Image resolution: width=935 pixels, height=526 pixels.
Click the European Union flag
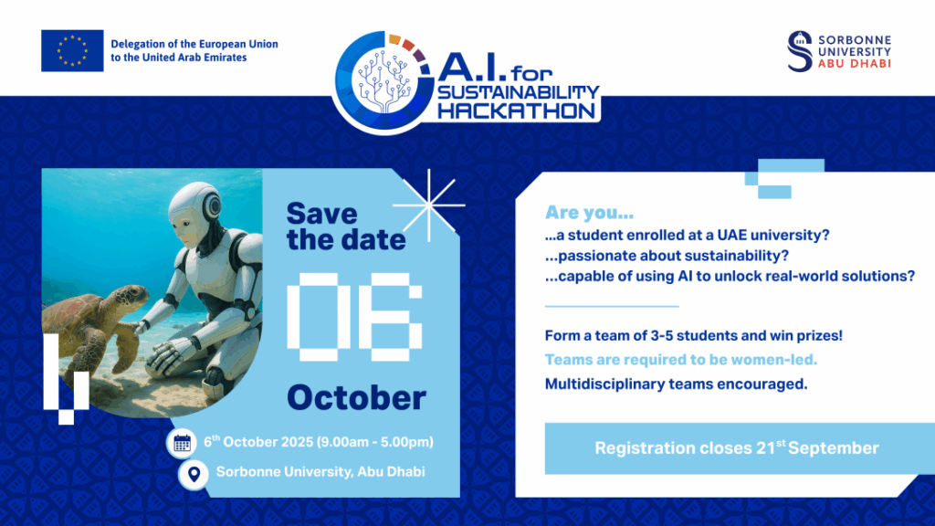[72, 51]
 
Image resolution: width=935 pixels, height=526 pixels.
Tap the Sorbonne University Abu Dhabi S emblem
[800, 51]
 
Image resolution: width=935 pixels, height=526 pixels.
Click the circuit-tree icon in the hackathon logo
[384, 80]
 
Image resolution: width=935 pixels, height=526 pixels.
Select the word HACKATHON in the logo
[517, 110]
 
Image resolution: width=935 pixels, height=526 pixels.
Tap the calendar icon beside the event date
[182, 443]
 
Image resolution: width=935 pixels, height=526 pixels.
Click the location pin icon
[194, 475]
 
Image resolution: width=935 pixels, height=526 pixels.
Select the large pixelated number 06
[355, 317]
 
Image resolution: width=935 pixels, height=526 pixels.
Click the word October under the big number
[357, 398]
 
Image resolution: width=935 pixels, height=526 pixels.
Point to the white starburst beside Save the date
[429, 205]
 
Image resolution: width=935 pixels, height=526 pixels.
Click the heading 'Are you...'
[589, 212]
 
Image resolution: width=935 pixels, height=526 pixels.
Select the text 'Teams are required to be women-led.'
[681, 360]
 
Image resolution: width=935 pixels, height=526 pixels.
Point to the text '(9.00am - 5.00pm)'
[375, 442]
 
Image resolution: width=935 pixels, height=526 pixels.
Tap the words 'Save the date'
[346, 226]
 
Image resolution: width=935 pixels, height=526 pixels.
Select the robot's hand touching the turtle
[141, 327]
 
